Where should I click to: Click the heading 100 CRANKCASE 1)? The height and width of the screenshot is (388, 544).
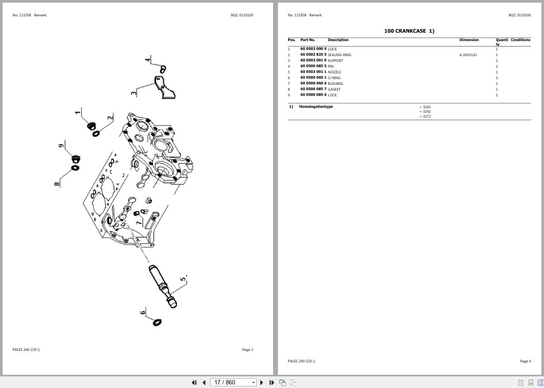pos(409,31)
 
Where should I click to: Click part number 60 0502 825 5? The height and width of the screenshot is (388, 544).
pos(313,55)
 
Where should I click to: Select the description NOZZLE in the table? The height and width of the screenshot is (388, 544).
pos(334,72)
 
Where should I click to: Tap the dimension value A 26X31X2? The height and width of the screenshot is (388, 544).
pos(468,55)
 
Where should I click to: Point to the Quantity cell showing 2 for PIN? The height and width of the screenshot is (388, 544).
pos(497,66)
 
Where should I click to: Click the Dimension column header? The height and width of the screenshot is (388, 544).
pos(469,40)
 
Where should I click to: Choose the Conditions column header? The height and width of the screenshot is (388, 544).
pos(520,40)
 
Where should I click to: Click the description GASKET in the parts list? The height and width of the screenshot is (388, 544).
pos(334,89)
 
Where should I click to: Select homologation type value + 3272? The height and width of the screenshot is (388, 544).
pos(425,116)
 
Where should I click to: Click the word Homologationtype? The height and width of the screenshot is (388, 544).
pos(316,107)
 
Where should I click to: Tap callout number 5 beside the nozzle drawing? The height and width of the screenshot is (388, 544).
pos(183,279)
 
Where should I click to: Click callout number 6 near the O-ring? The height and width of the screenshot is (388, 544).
pos(143,312)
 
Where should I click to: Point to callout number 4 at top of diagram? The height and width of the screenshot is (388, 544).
pos(148,59)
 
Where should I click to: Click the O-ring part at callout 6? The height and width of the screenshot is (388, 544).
pos(157,323)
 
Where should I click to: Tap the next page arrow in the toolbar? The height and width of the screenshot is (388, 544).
pos(262,382)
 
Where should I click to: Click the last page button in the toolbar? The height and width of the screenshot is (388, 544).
pos(272,382)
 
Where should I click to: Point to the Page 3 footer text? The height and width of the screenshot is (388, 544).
pos(247,350)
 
